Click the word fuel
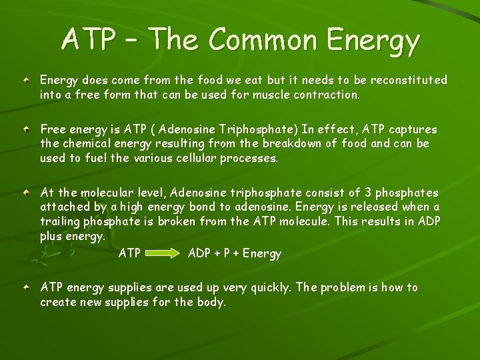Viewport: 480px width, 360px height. coord(94,158)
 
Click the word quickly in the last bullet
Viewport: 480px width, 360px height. coord(268,288)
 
